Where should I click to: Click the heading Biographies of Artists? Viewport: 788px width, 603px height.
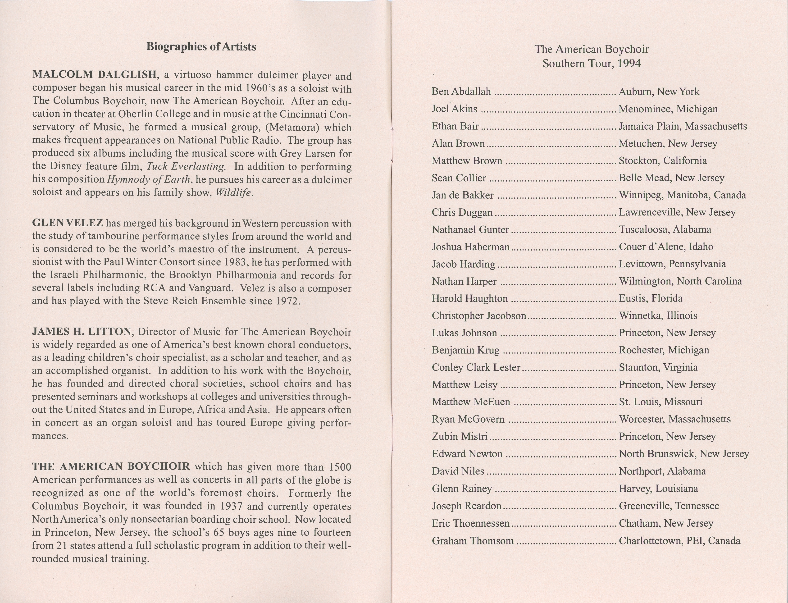click(201, 47)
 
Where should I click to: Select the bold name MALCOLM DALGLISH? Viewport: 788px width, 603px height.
click(94, 75)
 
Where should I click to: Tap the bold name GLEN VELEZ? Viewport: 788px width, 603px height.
click(68, 223)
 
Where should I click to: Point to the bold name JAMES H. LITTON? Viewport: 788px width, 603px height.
click(82, 331)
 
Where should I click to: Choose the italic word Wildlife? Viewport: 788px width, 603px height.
click(234, 193)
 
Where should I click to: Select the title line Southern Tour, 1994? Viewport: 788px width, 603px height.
click(591, 64)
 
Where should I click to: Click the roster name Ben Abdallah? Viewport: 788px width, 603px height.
click(461, 91)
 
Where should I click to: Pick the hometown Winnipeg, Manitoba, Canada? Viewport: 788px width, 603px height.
click(682, 195)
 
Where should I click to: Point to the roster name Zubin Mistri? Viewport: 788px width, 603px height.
click(460, 436)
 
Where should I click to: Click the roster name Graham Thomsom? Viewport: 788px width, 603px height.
click(473, 541)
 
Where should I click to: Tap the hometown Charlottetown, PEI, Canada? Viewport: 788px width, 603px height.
click(679, 541)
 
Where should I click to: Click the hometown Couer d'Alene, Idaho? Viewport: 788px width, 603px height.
click(666, 247)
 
